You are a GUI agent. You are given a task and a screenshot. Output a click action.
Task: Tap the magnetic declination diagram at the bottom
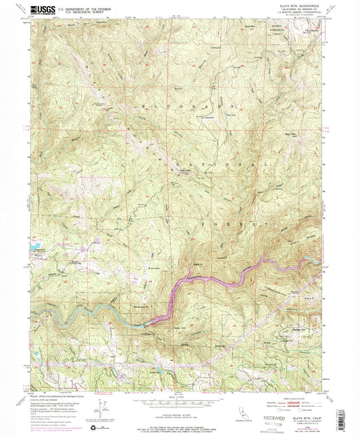pyautogui.click(x=103, y=401)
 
